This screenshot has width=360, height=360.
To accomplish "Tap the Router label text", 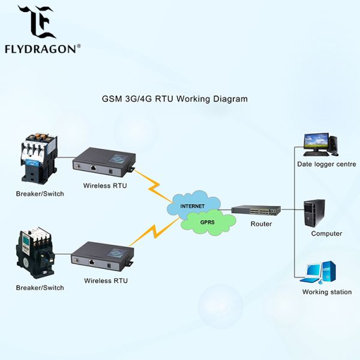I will point(261,224).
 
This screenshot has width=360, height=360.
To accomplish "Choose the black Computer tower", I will point(314,212).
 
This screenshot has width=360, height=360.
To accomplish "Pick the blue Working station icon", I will point(318,272).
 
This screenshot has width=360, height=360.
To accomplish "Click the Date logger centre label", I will point(326,164).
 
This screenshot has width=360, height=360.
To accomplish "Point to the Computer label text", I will point(326,233).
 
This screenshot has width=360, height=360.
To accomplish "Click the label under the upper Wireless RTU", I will point(105,185).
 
